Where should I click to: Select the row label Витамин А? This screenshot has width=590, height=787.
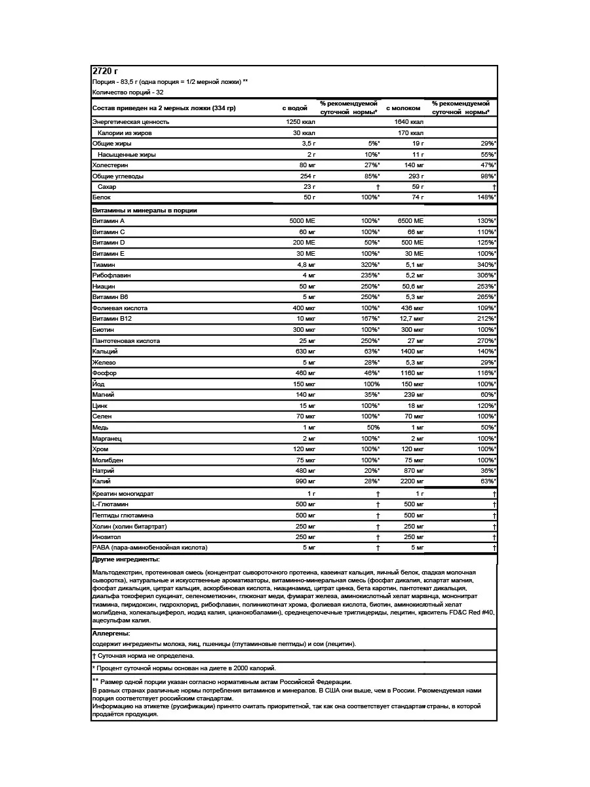[109, 221]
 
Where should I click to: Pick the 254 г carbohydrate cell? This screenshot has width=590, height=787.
[307, 176]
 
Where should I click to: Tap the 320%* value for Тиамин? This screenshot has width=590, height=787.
[370, 264]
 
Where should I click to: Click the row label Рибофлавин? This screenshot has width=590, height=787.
[112, 275]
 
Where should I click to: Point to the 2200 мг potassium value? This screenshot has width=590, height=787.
[410, 482]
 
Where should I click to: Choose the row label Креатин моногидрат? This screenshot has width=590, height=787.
[123, 493]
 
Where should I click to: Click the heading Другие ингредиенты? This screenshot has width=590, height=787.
[127, 559]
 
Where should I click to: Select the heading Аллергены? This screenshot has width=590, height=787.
[111, 634]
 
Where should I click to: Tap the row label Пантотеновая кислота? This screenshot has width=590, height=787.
[126, 341]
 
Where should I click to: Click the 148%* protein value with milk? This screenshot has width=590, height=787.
[485, 197]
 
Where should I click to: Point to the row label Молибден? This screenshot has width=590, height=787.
[108, 460]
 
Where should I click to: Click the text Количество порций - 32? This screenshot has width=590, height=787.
[128, 92]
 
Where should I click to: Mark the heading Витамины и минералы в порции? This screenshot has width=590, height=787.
[145, 211]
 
